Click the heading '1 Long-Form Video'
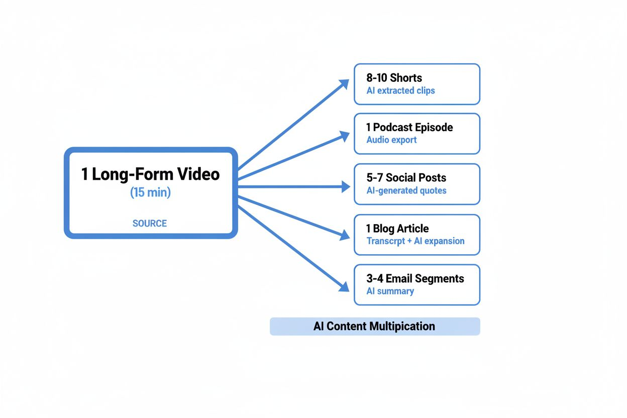pos(150,174)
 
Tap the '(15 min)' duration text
pos(150,192)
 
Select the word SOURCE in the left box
pos(150,224)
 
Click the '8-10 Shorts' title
pos(394,78)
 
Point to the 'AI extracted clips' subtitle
pos(400,91)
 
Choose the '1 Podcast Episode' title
pos(409,127)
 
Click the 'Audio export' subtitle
pos(391,140)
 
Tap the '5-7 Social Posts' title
pos(406,177)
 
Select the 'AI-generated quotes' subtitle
pos(406,190)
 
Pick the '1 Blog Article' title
pos(397,229)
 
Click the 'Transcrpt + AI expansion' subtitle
pos(415,241)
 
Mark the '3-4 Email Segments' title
pos(415,278)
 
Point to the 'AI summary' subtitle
pos(390,291)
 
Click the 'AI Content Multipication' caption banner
pos(375,327)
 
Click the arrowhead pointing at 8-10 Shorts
pos(344,83)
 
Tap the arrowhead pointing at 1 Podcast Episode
pos(345,135)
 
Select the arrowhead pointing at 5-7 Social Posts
pos(346,187)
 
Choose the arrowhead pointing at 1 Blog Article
pos(345,235)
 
